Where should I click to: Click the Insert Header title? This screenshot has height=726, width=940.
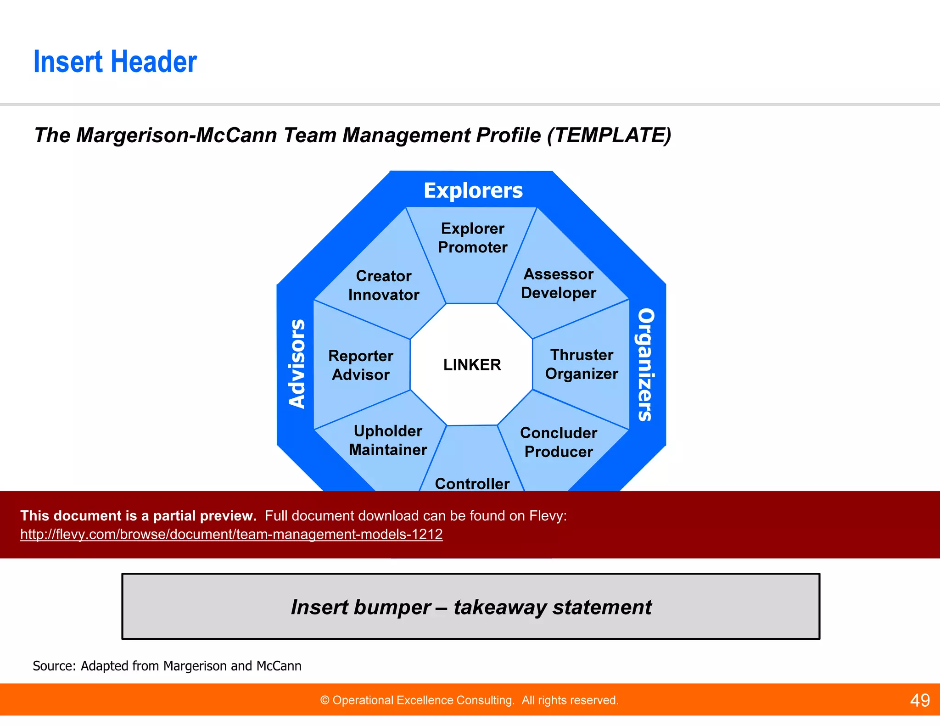pos(115,62)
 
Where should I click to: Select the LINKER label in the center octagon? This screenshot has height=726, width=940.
pos(472,365)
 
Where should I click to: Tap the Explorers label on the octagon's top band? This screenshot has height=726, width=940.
pos(473,190)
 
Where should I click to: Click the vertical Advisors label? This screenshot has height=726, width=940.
pos(297,363)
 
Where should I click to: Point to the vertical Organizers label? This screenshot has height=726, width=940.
pos(646,365)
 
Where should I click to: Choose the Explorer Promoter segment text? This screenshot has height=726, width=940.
pos(473,238)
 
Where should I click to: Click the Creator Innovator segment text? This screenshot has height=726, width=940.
pos(384,285)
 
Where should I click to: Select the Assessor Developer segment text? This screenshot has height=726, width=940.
pos(559,284)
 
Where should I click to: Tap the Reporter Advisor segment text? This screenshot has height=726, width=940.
pos(361,365)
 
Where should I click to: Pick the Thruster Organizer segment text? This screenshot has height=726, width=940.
pos(582,364)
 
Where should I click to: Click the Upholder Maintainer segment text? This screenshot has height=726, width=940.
pos(388,441)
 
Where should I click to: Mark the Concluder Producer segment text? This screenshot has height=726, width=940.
pos(559,442)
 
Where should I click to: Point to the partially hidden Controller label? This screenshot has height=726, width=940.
pos(472,484)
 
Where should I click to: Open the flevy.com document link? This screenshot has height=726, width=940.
pos(231,534)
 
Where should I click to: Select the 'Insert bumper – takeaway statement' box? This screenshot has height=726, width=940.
pos(471,607)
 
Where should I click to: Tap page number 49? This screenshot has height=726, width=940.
pos(920,700)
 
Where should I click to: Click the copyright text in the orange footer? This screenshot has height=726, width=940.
pos(469,700)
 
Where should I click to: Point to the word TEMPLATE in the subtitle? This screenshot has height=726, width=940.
pos(609,135)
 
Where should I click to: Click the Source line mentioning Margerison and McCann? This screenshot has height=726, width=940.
pos(167,666)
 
